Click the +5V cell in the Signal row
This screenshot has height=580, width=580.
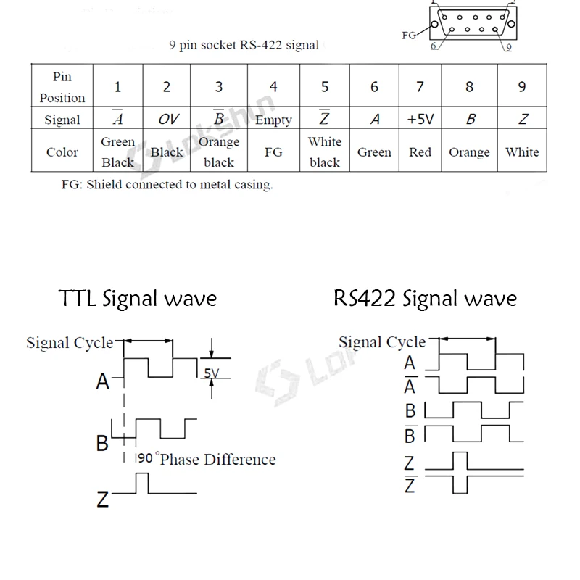(420, 120)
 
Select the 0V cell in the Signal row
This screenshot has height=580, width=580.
(167, 120)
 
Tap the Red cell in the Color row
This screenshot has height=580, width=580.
(420, 152)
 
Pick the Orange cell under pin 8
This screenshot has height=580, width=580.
(469, 152)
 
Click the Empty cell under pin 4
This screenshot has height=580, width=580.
(273, 120)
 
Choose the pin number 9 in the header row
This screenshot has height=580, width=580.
(522, 87)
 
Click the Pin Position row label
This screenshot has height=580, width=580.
(62, 87)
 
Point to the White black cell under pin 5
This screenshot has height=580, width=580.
(324, 152)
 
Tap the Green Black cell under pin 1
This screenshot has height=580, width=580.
(118, 152)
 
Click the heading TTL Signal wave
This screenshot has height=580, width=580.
(137, 298)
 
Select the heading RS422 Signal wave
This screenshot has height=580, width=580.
(426, 298)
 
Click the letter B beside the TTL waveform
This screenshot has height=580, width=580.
(102, 442)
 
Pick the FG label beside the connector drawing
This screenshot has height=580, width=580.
(410, 34)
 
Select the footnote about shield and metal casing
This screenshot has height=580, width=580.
(167, 184)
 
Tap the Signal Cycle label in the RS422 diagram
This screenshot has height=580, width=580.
(382, 342)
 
